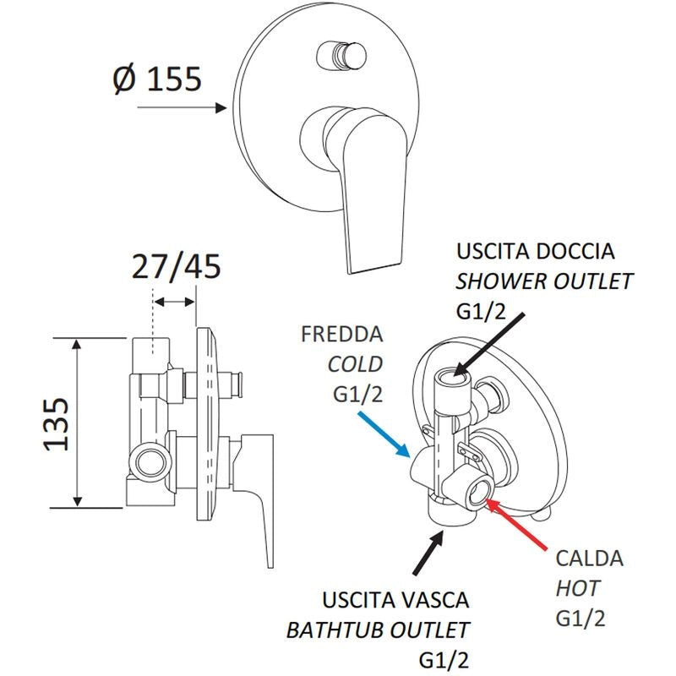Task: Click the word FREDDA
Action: (x=341, y=334)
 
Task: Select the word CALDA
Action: (x=589, y=559)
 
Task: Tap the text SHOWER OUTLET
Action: (x=544, y=281)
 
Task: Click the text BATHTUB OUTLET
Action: (x=377, y=630)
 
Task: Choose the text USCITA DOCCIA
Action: (x=536, y=252)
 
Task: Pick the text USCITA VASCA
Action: (x=395, y=601)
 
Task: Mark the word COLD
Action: (x=355, y=364)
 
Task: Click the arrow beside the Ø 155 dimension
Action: (x=181, y=108)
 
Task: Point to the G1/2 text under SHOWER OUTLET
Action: (x=483, y=311)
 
